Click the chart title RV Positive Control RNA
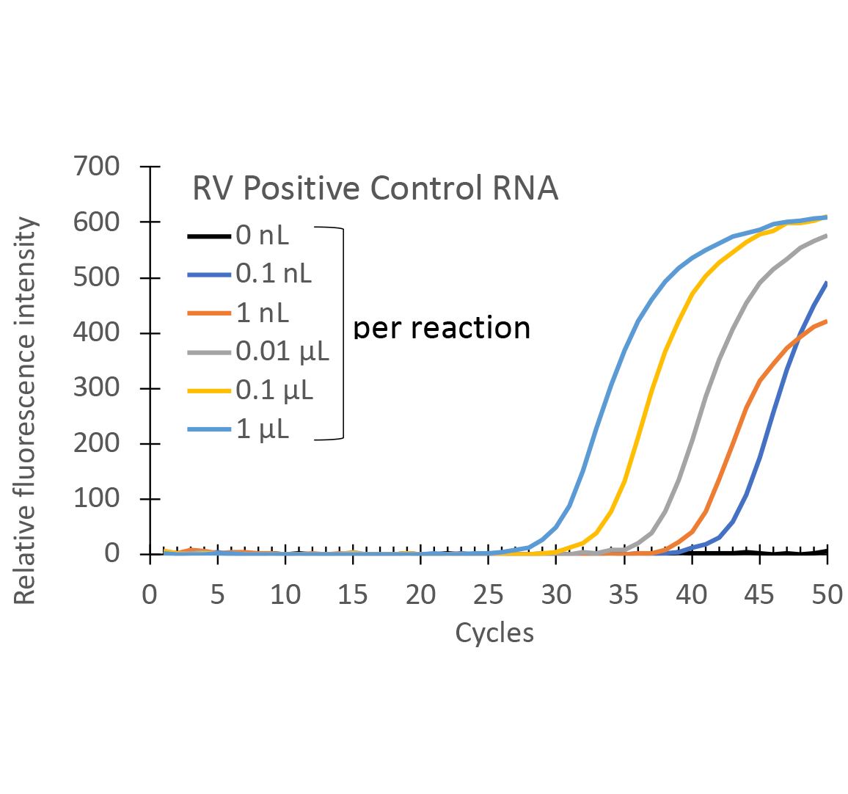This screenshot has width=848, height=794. coord(375,189)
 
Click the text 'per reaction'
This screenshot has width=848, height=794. coord(442,328)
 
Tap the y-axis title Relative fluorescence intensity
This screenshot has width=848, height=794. coord(25,411)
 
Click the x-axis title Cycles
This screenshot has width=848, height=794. coord(494,633)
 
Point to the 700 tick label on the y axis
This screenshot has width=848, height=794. coord(96,167)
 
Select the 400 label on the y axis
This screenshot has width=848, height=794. coord(96,332)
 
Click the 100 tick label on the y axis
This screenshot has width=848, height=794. coord(96,498)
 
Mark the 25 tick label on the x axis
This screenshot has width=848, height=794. coord(489,594)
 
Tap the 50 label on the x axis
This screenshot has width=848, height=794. coord(827,594)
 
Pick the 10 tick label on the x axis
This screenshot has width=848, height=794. coord(285,594)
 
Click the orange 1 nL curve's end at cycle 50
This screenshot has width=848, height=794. coord(827,321)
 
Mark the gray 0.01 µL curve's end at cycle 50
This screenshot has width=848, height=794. coord(827,236)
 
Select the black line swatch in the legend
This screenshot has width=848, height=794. coord(209,236)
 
